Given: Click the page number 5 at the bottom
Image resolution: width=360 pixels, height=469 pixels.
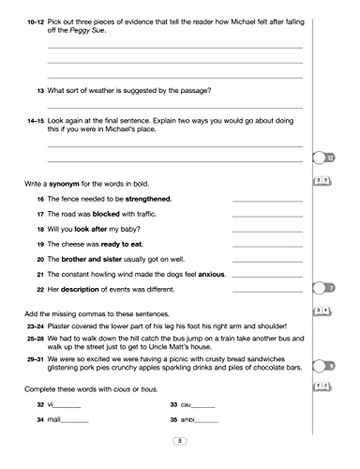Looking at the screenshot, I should pos(179,440).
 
